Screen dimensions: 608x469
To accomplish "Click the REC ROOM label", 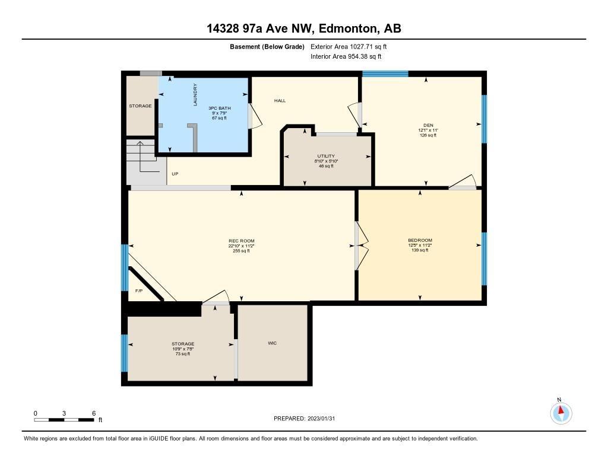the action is [x=241, y=241].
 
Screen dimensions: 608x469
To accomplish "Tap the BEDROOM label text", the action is [x=420, y=240].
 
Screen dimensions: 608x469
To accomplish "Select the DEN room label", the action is [x=428, y=125].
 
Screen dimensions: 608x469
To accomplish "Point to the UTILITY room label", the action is [x=326, y=156].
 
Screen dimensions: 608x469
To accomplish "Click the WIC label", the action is [x=272, y=343].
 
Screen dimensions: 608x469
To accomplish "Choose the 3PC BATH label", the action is [x=220, y=108].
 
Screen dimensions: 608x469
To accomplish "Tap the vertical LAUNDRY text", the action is [x=195, y=94].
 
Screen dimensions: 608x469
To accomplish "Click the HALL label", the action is [x=280, y=101].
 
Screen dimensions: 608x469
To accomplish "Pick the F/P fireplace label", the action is [x=139, y=291].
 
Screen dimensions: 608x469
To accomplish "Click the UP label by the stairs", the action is [x=175, y=174].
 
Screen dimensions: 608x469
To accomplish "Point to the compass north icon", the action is [x=560, y=413].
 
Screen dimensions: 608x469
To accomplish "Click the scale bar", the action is [x=64, y=420].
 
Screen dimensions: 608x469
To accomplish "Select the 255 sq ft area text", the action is [x=241, y=251].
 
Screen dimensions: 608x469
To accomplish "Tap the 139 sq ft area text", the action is [x=420, y=250].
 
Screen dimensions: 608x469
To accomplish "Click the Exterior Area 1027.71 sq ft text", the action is [x=349, y=47].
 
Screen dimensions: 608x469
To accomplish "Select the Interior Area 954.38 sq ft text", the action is [x=346, y=56].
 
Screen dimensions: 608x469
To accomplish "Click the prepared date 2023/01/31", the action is [x=321, y=419].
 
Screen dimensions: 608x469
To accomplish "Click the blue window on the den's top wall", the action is [x=385, y=74].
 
